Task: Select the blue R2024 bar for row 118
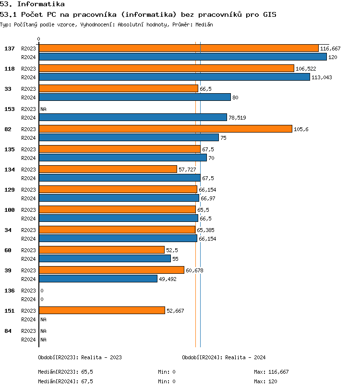pos(174,77)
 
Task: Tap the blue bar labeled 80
pos(134,97)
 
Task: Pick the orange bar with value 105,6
pos(165,129)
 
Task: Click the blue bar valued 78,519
pos(132,118)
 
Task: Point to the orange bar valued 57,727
pos(108,170)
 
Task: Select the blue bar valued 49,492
pos(98,279)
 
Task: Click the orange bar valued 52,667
pos(102,311)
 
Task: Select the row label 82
pos(8,129)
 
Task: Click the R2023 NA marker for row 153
pos(43,109)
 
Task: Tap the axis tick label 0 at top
pos(39,39)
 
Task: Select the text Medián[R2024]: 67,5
pos(65,381)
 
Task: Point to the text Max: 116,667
pos(271,372)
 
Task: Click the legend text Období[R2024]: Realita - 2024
pos(224,357)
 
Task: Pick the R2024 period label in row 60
pos(28,259)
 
